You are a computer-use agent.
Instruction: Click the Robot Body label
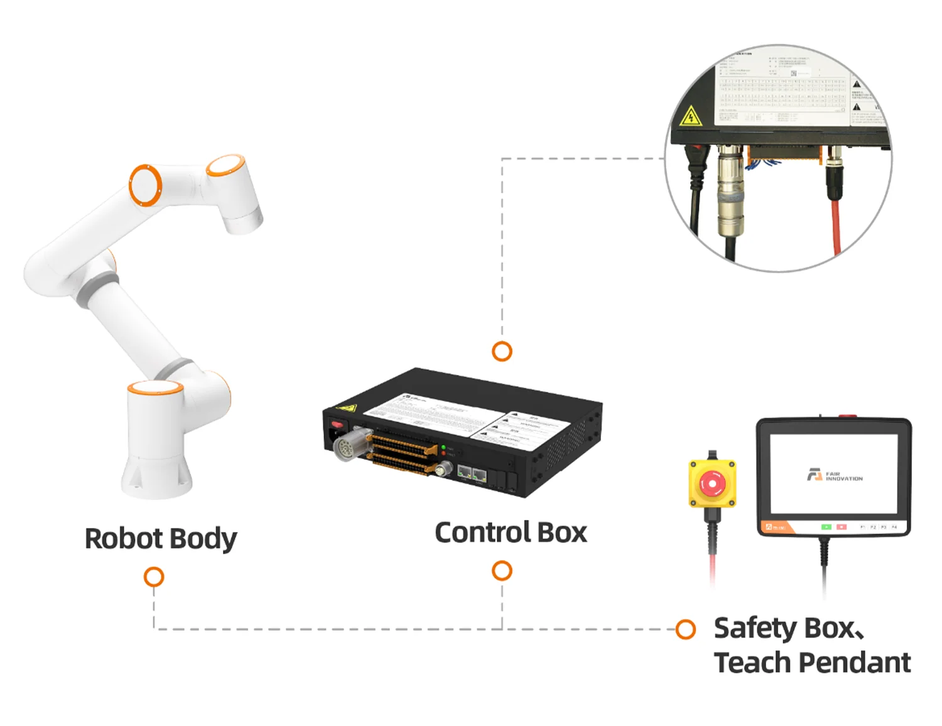coord(161,538)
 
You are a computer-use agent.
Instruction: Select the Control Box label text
coord(511,533)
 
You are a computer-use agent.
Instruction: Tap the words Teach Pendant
coord(812,663)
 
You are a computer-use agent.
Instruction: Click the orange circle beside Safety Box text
coord(685,629)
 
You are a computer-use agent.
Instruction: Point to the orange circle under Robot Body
coord(154,577)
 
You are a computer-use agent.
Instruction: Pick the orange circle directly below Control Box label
coord(502,571)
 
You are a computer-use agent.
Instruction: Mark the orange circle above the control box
coord(502,351)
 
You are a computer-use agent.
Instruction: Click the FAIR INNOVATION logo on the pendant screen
coord(835,475)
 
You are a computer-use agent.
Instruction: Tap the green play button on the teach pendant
coord(826,527)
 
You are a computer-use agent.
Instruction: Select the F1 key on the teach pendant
coord(863,527)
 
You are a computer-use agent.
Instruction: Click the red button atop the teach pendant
coord(847,416)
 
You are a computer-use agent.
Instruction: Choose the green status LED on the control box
coord(443,448)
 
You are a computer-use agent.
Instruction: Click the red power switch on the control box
coord(337,425)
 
